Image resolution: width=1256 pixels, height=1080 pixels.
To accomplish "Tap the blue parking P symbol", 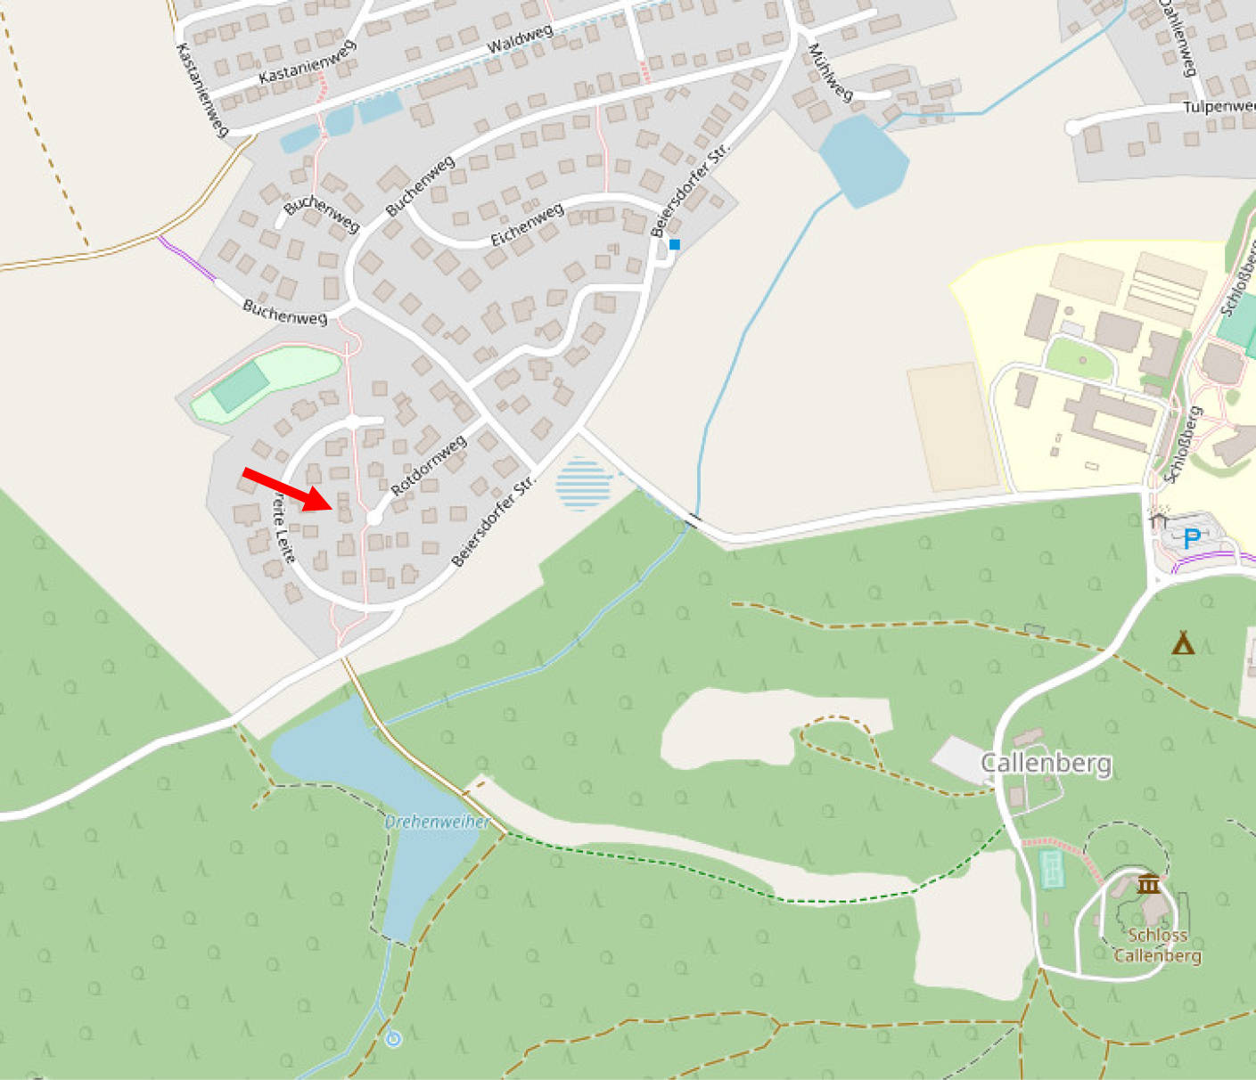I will (x=1191, y=538).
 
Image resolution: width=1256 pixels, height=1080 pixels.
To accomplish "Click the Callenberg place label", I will (x=1046, y=763).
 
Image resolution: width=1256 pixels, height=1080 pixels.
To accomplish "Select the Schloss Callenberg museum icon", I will (x=1147, y=884).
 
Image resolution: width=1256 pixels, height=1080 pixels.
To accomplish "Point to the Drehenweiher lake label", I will (x=437, y=822).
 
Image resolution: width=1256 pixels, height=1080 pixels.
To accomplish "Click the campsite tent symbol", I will (x=1183, y=642).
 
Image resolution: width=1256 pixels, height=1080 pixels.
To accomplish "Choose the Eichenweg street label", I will (x=527, y=225).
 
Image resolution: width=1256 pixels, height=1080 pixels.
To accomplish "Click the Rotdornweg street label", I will (x=428, y=466).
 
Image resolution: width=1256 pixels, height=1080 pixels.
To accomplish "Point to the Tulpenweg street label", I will (x=1218, y=107).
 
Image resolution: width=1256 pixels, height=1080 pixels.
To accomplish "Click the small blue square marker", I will (x=675, y=244).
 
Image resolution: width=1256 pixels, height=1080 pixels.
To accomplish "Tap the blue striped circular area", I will (x=584, y=483).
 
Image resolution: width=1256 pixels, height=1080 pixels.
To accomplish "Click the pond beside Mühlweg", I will (x=863, y=160).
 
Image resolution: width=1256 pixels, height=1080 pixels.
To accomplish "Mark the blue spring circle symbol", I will (x=393, y=1039).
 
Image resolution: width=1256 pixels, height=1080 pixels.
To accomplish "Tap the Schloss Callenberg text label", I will (x=1157, y=945).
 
